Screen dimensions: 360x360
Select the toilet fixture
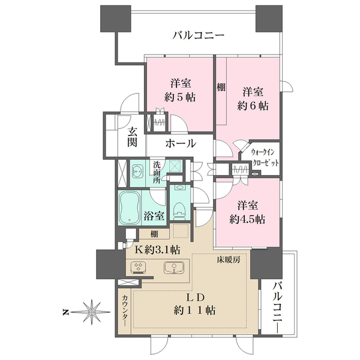tap(179, 208)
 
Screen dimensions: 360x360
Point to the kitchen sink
tap(173, 268)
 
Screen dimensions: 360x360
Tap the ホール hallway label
tap(178, 143)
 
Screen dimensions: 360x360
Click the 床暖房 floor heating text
tap(229, 261)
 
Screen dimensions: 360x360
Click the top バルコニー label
tap(198, 35)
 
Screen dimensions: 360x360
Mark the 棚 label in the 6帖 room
tap(221, 88)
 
